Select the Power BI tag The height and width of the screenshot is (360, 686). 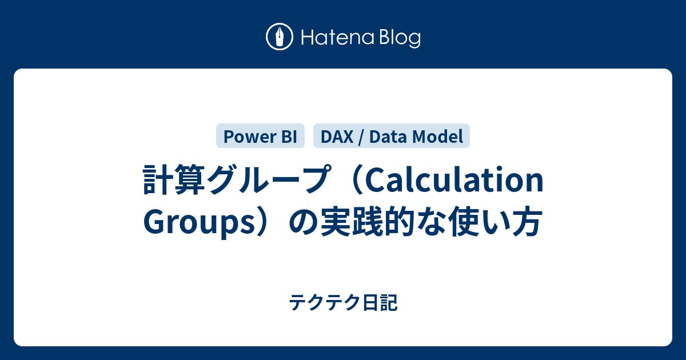click(x=260, y=136)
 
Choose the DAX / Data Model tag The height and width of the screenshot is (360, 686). click(x=392, y=136)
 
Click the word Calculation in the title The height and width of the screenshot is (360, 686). click(x=454, y=181)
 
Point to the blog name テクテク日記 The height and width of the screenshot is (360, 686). click(x=343, y=303)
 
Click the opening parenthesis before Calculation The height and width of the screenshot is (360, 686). click(x=353, y=181)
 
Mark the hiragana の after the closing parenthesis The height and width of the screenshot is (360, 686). click(x=302, y=222)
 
